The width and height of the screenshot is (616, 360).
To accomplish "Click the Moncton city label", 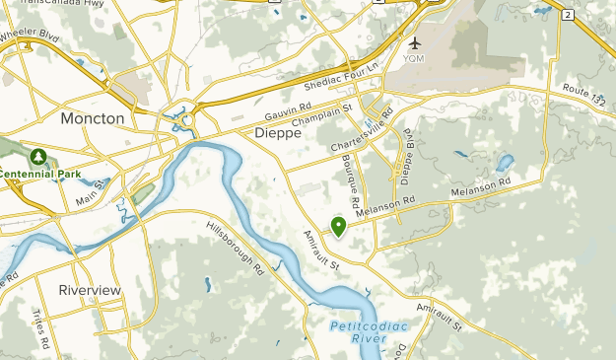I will point(93,118).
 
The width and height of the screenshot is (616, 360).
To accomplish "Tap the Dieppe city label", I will point(277,132).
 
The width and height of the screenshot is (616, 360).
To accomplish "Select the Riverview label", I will point(89,290).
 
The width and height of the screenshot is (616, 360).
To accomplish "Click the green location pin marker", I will point(338,226).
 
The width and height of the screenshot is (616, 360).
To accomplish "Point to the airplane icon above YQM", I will point(415,43).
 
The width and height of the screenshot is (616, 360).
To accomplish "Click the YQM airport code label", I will point(415,58).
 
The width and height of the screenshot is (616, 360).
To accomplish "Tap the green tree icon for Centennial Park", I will point(38,156).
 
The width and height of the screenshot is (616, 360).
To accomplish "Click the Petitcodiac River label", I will point(359,331).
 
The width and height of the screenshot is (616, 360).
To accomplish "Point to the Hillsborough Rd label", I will point(237,247).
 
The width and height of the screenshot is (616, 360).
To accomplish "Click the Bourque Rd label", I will point(352,180).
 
